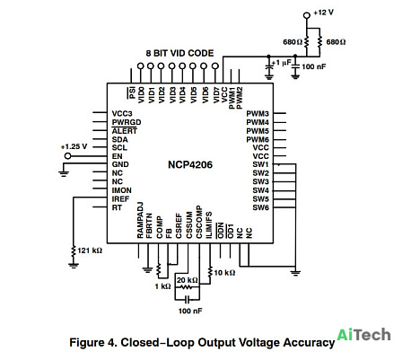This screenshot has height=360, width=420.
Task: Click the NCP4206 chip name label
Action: [190, 164]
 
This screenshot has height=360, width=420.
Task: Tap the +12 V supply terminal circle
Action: [307, 15]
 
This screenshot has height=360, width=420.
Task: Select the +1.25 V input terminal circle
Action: [68, 156]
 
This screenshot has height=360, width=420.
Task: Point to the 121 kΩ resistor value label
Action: [90, 250]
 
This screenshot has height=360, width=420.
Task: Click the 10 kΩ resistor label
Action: [224, 273]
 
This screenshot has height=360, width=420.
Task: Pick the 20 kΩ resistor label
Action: [188, 280]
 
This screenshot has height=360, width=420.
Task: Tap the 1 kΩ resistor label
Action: [162, 286]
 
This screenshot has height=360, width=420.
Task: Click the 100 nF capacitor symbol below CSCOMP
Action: [188, 299]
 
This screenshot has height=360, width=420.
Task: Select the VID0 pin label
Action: [141, 95]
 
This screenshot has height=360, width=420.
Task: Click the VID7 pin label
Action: [216, 95]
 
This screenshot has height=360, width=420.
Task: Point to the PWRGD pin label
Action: [127, 122]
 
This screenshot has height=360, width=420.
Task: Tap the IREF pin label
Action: [120, 199]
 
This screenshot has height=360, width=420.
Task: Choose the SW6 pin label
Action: [261, 207]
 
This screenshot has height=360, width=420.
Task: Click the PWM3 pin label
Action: [258, 114]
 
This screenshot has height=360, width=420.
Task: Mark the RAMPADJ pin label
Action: [140, 220]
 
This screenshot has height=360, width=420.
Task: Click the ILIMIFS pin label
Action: [209, 225]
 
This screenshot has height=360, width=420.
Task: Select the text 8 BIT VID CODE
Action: [179, 53]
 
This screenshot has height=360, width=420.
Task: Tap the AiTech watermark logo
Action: [363, 335]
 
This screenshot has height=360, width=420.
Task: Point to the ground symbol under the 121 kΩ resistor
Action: [74, 265]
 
